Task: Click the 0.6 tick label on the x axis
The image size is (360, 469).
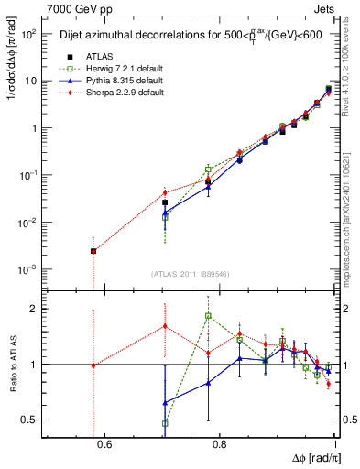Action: pos(104,445)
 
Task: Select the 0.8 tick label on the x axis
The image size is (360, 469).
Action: pos(219,445)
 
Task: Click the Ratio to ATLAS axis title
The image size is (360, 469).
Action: pos(13,364)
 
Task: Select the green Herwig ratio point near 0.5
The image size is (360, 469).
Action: pos(165,423)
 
